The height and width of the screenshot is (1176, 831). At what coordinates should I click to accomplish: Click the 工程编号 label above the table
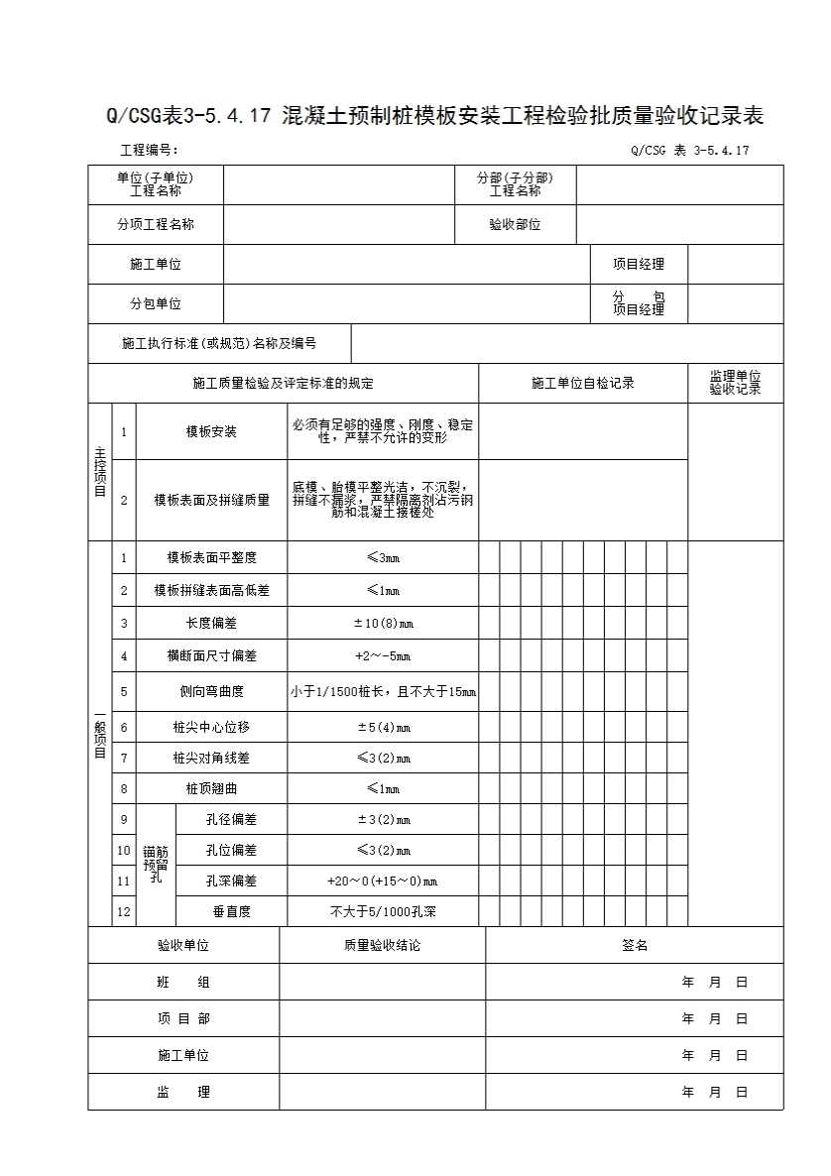(149, 151)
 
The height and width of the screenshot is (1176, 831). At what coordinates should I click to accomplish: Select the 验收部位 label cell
(515, 225)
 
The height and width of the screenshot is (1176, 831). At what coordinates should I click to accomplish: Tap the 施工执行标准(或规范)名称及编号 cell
(219, 344)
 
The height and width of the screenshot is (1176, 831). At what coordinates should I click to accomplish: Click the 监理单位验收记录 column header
(735, 383)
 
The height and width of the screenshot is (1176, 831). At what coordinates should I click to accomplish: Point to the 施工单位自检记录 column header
(583, 383)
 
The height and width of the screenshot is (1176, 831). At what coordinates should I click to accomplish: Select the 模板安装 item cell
(211, 431)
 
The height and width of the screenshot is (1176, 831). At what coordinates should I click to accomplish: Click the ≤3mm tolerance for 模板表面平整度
(383, 557)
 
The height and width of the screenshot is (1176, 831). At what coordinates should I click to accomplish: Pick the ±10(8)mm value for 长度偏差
(383, 623)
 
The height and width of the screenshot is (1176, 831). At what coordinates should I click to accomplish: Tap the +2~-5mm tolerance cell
(383, 655)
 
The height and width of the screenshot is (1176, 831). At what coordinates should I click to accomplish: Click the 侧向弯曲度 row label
(211, 691)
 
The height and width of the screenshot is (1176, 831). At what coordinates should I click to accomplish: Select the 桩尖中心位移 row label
(211, 727)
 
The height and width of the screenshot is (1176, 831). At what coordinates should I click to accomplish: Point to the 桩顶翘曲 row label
(211, 788)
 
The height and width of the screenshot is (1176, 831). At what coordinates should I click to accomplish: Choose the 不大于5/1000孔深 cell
(383, 910)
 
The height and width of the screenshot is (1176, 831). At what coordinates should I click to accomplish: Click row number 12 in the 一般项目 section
(124, 910)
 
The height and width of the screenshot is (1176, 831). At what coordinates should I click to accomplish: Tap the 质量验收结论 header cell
(382, 945)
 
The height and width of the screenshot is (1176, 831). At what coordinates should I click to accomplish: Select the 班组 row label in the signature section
(183, 983)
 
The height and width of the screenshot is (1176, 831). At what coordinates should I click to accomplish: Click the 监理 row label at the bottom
(183, 1092)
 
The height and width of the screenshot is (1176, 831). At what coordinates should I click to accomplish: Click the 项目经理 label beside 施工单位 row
(638, 265)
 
